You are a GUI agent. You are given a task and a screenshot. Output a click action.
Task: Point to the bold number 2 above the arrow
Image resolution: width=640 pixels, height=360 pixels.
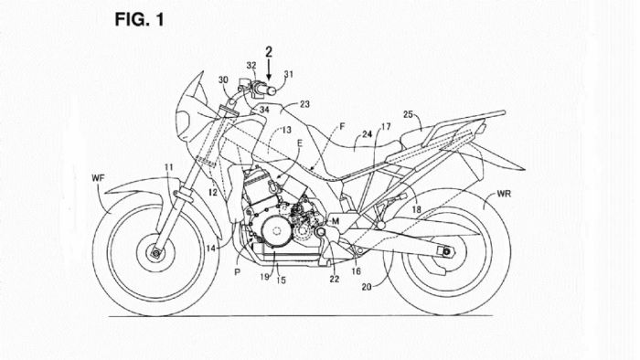(x=269, y=53)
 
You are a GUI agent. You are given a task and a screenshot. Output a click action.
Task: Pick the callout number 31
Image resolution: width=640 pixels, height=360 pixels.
(x=290, y=75)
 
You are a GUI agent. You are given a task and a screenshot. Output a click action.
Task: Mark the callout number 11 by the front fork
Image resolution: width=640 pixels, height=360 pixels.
(x=168, y=166)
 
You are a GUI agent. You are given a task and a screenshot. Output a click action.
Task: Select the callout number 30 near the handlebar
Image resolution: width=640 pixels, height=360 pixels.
(x=224, y=79)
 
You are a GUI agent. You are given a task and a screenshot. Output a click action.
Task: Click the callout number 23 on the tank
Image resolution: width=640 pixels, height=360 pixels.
(x=304, y=105)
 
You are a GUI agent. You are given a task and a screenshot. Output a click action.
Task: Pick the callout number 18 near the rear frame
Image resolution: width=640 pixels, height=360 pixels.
(x=417, y=210)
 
